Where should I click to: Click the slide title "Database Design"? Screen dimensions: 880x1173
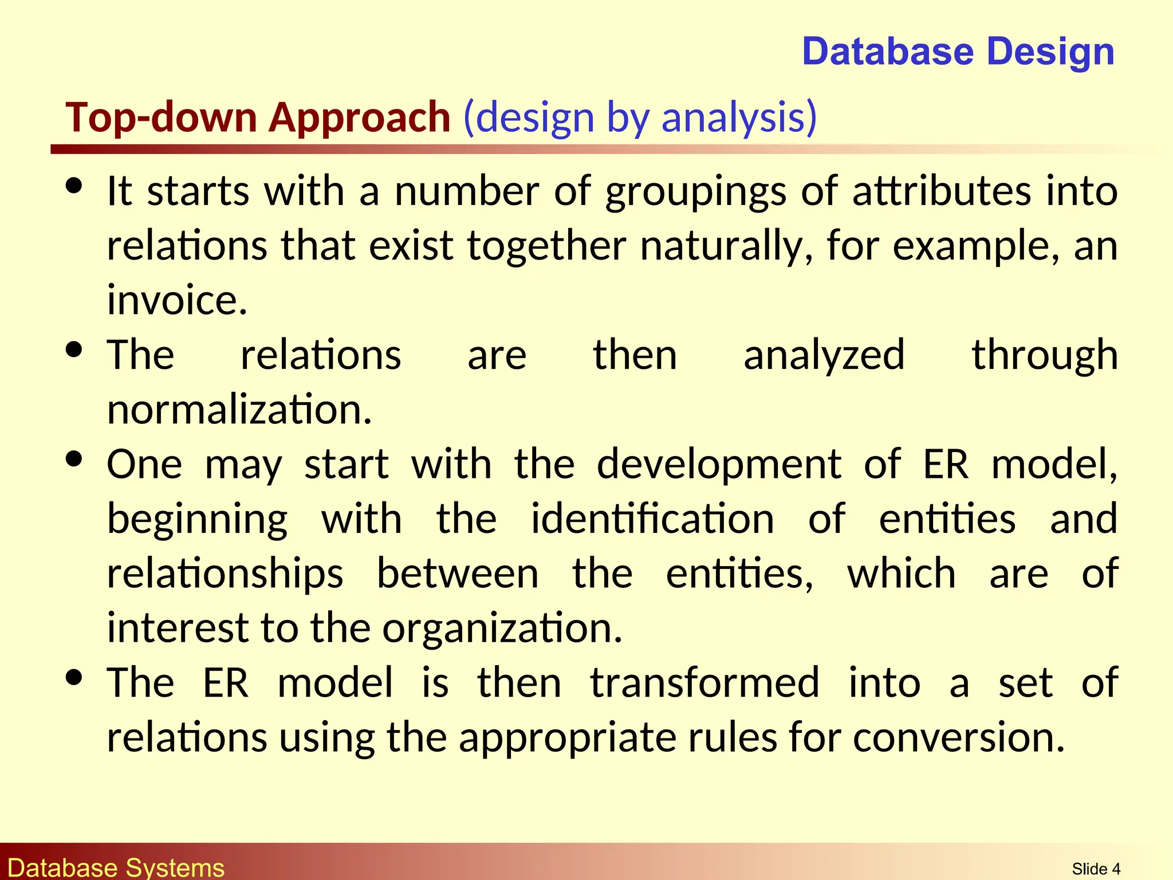(958, 52)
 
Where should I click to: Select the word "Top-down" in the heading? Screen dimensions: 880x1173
(162, 117)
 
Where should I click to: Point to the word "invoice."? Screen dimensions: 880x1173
(177, 300)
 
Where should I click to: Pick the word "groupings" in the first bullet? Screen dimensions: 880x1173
(695, 192)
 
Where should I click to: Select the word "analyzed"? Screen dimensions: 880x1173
(824, 356)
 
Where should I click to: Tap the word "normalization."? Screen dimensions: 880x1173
(239, 410)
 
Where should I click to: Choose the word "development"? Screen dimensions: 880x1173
(719, 465)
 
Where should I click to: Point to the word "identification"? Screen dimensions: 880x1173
(652, 519)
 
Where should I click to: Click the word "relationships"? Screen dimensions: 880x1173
(225, 574)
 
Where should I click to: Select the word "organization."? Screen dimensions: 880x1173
(502, 628)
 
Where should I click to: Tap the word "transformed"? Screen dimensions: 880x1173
(705, 683)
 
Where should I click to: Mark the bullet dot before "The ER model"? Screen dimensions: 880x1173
(74, 677)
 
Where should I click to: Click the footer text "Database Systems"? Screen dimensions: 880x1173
(116, 867)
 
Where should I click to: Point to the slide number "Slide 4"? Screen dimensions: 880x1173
(1096, 869)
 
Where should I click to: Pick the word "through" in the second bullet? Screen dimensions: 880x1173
(1044, 356)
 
